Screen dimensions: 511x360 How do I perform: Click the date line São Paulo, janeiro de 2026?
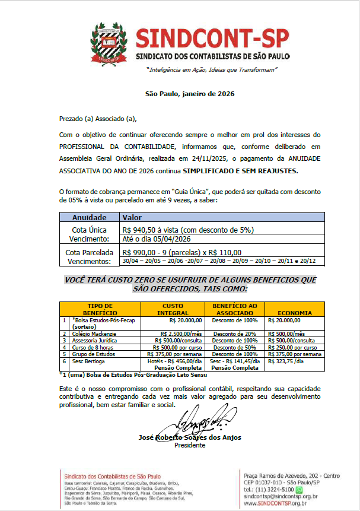pyautogui.click(x=190, y=94)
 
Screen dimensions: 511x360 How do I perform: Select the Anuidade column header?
pyautogui.click(x=90, y=218)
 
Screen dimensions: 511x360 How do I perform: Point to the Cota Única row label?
pyautogui.click(x=90, y=229)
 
